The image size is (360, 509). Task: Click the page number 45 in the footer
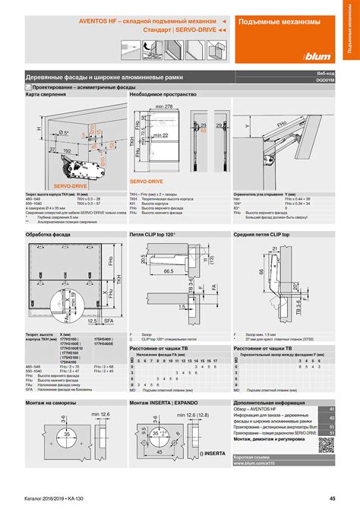click(x=332, y=498)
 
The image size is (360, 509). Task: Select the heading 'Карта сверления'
click(x=46, y=95)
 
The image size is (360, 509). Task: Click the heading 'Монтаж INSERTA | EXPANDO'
click(x=169, y=402)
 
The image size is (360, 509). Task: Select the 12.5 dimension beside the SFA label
click(x=91, y=321)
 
